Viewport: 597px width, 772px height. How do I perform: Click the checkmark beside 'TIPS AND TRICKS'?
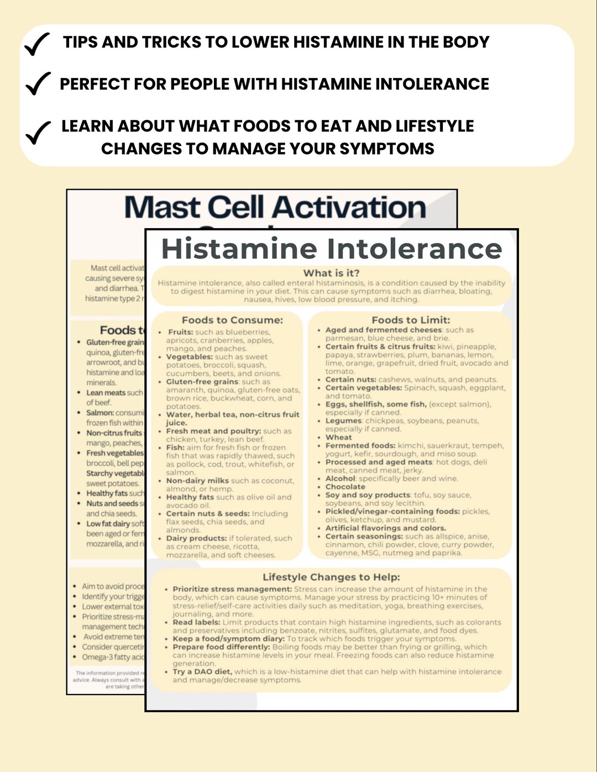click(37, 44)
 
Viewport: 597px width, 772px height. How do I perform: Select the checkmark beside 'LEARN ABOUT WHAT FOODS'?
click(38, 133)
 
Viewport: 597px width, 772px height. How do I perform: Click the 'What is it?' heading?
click(331, 273)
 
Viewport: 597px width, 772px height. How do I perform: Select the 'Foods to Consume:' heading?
click(232, 320)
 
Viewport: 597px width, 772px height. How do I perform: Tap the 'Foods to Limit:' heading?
click(411, 320)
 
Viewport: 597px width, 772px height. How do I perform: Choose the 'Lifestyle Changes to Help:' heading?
click(331, 577)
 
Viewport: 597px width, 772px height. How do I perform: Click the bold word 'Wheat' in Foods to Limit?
click(338, 437)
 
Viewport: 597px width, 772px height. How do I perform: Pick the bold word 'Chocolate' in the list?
click(345, 487)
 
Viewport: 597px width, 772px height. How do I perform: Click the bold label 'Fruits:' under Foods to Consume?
click(181, 332)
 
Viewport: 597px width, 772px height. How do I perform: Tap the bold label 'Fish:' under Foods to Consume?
click(175, 448)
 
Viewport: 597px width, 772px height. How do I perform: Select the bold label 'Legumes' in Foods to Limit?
click(343, 421)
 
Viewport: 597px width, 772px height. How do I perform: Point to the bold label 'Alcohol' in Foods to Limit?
click(340, 479)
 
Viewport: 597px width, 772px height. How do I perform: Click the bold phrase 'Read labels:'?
click(196, 622)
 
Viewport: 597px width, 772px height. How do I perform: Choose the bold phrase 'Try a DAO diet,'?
click(202, 672)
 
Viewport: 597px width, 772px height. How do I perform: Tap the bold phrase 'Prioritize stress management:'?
click(232, 589)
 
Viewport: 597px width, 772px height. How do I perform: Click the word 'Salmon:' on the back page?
click(100, 413)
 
